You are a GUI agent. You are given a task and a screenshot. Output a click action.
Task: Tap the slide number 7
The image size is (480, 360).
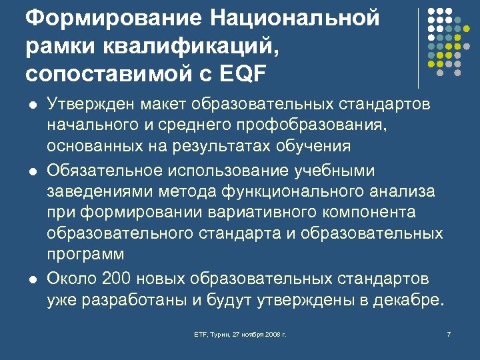[449, 333]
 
